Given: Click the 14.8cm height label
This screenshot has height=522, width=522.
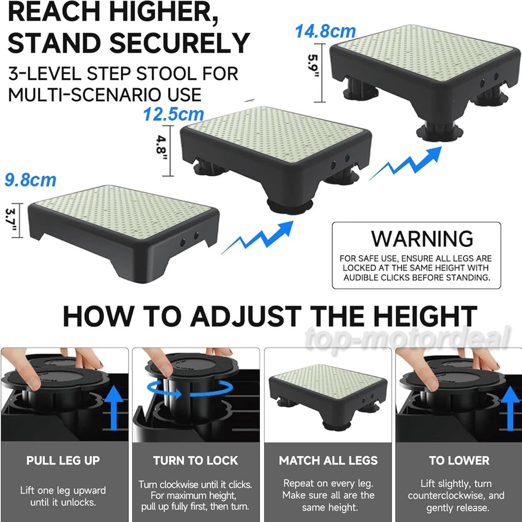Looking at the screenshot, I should point(325,31).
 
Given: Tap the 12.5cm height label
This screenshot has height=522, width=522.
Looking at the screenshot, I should point(173,114).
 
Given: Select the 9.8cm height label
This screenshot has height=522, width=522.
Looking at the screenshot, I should point(30,179).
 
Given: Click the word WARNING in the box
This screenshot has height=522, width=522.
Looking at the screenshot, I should point(422,239).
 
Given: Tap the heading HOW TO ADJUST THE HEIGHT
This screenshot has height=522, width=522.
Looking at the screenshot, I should point(270,316).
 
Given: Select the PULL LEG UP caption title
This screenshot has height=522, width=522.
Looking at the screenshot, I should point(63,461).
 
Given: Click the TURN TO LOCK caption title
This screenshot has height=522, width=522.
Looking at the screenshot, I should point(195,461).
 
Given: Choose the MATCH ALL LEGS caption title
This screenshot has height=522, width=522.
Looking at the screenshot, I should point(328,461).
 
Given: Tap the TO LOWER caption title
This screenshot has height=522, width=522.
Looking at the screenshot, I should point(458,461).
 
